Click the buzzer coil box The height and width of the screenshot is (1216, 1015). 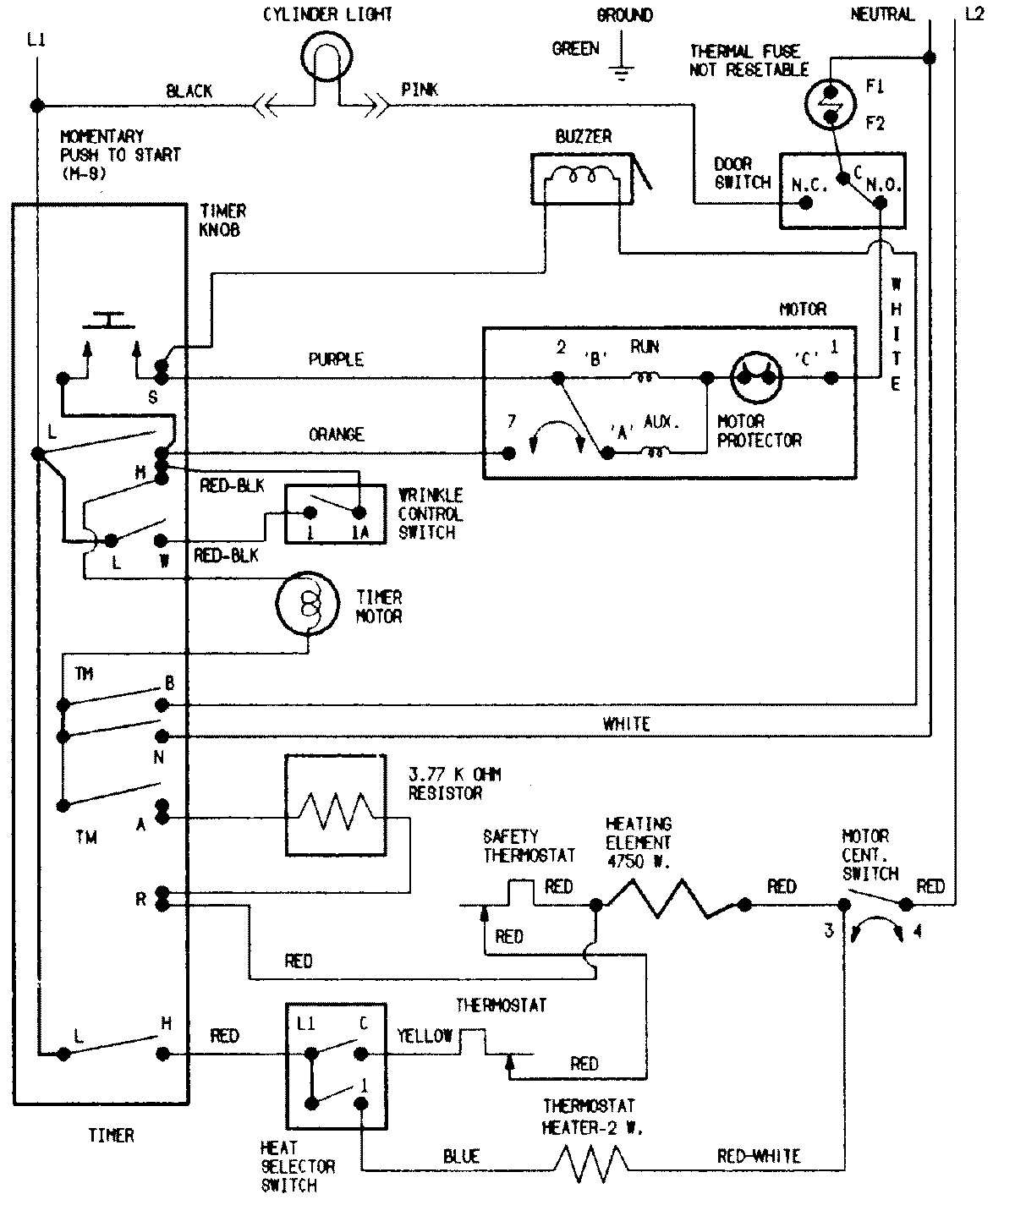click(583, 179)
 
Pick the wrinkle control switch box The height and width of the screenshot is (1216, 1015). click(336, 513)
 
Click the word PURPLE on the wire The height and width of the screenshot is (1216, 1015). click(336, 359)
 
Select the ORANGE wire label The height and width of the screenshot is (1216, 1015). click(336, 434)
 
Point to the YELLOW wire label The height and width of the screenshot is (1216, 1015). click(425, 1036)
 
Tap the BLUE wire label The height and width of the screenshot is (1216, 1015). click(461, 1156)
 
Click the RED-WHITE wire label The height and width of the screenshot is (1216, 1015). click(758, 1156)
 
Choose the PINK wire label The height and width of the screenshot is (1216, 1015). click(420, 90)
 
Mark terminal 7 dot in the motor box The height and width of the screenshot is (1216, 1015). click(509, 454)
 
